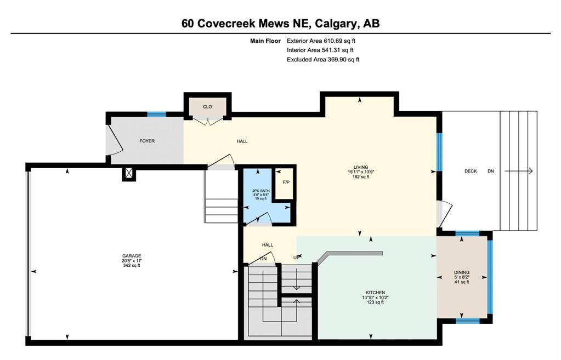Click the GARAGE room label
[x=132, y=255]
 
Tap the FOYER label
[x=147, y=141]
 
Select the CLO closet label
[x=207, y=107]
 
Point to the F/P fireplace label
[x=286, y=182]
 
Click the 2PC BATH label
[x=261, y=191]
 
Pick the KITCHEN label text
[x=375, y=293]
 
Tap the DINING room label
[x=462, y=272]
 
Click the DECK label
[x=471, y=172]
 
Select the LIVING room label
[x=361, y=167]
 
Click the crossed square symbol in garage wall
[x=129, y=174]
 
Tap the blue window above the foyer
[x=157, y=115]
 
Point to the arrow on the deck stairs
[x=519, y=172]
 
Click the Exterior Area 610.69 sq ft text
[x=321, y=41]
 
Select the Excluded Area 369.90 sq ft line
[x=323, y=60]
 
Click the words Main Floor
[x=265, y=41]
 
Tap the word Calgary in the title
[x=337, y=24]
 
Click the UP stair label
[x=296, y=258]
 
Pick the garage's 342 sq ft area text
[x=132, y=265]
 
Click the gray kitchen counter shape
[x=349, y=255]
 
